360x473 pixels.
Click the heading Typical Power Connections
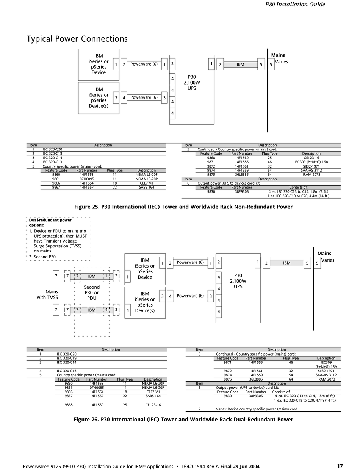coord(77,39)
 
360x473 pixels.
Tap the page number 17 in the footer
coord(340,466)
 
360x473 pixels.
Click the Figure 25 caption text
coord(183,207)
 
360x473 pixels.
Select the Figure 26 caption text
coord(183,420)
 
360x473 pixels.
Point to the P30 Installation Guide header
coord(295,5)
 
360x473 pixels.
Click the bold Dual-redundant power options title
coord(50,222)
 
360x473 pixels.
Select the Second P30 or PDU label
coord(92,293)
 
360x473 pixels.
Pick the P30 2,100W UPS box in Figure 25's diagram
coord(192,83)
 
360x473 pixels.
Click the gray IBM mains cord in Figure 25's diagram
coord(240,65)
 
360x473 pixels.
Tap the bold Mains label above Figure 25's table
coord(278,55)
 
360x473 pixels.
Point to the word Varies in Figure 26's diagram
coord(327,260)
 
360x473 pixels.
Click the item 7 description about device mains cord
coord(256,409)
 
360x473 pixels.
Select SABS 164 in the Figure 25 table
coord(146,188)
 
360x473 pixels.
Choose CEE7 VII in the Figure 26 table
coord(153,392)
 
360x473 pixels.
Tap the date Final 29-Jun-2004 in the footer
coord(240,467)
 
